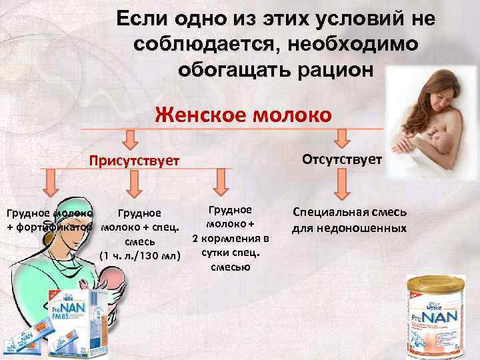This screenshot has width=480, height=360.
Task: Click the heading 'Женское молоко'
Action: (x=243, y=114)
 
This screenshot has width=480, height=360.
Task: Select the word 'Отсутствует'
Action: (x=342, y=159)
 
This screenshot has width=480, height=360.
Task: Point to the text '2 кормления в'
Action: (x=231, y=238)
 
